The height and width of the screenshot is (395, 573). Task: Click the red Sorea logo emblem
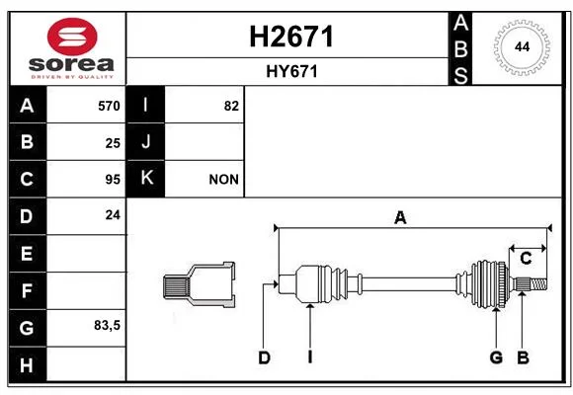(72, 37)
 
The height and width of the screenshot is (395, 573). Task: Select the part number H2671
(291, 37)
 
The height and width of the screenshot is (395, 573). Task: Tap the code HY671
(291, 72)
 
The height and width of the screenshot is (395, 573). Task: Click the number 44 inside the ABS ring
(522, 47)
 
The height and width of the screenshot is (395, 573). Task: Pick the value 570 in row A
(109, 106)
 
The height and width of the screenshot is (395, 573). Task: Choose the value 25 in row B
(113, 143)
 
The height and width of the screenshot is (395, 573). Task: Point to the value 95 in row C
(113, 180)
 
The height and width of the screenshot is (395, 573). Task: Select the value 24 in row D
(113, 215)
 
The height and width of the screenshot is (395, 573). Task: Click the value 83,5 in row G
(107, 325)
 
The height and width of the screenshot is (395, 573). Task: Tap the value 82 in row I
(231, 106)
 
